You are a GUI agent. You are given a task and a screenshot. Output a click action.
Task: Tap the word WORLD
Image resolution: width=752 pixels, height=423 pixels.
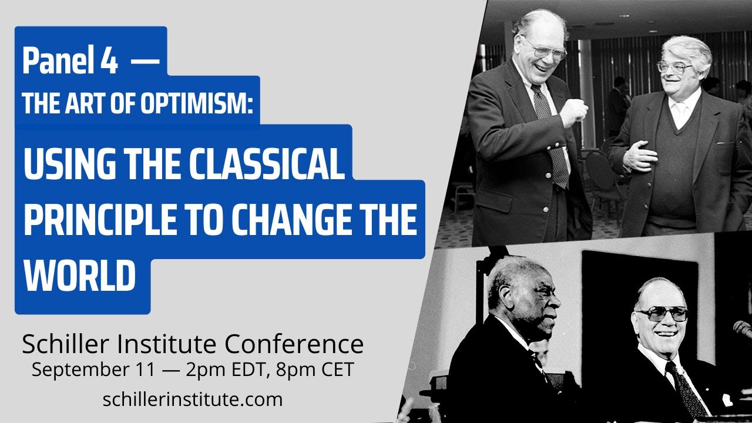tap(80, 274)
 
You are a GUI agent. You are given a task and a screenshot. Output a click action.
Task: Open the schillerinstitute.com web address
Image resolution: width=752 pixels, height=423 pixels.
tap(192, 399)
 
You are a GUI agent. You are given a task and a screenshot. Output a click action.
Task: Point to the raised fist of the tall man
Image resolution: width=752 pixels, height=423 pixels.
tap(575, 112)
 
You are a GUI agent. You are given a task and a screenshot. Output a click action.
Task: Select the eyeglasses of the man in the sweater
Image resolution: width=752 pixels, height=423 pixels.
tap(676, 67)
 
